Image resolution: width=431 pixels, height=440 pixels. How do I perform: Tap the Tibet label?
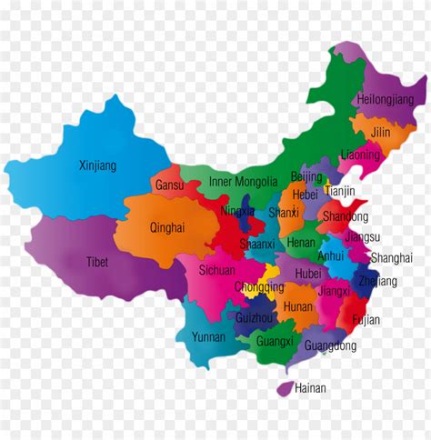click(98, 261)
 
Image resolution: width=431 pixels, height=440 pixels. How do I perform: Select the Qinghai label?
click(166, 228)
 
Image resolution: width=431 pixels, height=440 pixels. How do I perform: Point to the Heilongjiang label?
click(386, 99)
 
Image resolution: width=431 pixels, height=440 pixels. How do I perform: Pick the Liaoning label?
click(361, 155)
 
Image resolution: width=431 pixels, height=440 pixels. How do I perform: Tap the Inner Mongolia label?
click(243, 182)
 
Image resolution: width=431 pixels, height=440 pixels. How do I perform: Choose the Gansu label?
click(169, 185)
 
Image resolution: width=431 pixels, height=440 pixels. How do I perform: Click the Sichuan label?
click(218, 270)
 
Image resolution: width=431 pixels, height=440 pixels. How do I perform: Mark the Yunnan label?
click(208, 336)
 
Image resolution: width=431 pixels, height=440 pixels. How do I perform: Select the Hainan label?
click(310, 388)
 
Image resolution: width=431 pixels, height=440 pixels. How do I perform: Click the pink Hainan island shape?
click(285, 389)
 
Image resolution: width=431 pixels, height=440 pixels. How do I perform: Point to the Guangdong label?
click(330, 345)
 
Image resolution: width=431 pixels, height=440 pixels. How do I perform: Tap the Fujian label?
click(366, 320)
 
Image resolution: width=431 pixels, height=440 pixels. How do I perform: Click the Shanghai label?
click(392, 258)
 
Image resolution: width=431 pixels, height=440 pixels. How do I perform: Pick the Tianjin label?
click(340, 192)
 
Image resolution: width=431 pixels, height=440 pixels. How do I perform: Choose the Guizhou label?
click(254, 318)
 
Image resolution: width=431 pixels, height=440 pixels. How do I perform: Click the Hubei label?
click(308, 273)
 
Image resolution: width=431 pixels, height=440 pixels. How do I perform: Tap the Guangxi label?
click(275, 342)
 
